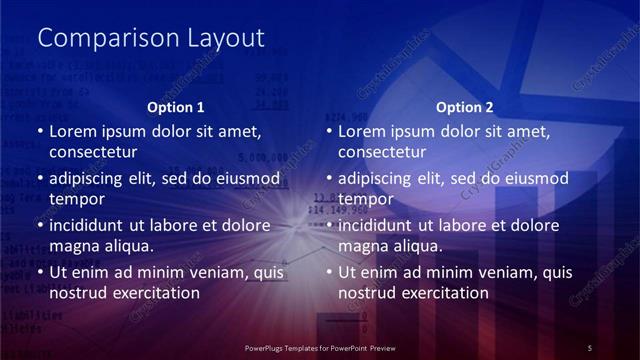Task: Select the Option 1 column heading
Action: tap(176, 107)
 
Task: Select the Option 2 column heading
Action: tap(465, 107)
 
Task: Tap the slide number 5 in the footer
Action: tap(590, 347)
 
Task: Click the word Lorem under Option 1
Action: tap(71, 131)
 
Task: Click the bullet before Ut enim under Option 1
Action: tap(40, 272)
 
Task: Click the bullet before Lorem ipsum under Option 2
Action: tap(330, 131)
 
